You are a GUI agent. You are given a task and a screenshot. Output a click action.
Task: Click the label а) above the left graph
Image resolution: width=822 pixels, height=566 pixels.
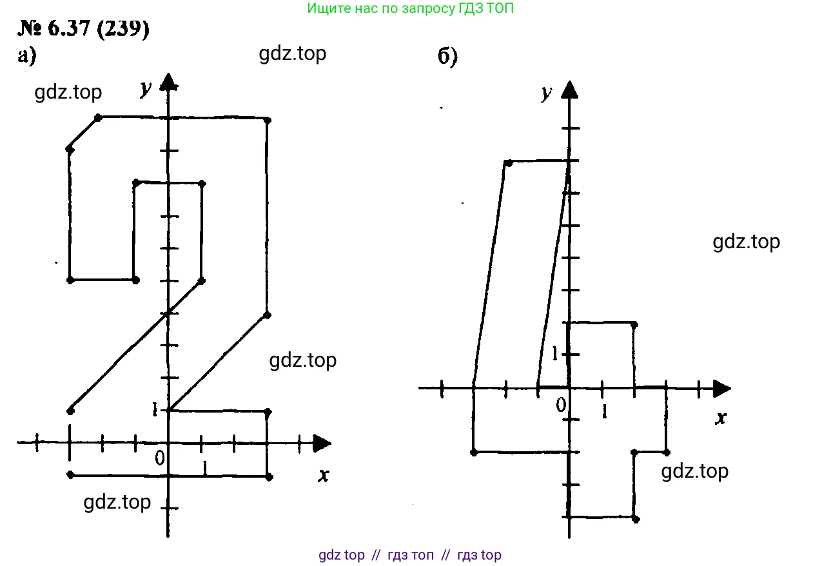(26, 57)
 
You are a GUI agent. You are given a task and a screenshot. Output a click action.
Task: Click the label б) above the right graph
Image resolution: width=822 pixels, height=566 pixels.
(447, 57)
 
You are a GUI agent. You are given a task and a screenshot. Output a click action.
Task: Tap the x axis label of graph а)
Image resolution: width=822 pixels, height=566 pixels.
(324, 476)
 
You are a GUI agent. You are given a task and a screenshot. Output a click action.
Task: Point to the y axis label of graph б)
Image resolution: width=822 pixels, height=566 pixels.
(547, 93)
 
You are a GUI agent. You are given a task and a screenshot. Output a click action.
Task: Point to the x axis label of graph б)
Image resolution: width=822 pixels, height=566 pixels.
(721, 418)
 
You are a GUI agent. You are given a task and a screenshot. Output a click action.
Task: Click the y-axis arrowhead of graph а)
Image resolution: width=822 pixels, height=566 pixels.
(169, 82)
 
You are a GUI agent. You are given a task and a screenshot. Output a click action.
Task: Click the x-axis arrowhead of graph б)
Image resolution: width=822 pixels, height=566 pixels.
(721, 388)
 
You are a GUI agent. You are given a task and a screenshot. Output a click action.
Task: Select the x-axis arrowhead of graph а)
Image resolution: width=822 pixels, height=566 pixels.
(322, 443)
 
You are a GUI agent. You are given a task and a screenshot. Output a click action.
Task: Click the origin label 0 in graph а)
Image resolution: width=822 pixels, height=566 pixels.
(159, 458)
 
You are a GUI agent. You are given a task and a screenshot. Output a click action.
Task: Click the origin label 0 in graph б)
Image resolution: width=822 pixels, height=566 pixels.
(561, 404)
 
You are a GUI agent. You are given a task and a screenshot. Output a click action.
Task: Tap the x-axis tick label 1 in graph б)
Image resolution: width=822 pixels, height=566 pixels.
(603, 411)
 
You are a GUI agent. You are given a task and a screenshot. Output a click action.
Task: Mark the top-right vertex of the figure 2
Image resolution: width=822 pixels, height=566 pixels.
(268, 120)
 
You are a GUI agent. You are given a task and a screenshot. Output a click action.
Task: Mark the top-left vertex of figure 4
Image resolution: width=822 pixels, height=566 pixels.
(508, 162)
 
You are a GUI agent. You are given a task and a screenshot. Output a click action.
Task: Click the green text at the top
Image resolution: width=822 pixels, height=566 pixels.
(411, 8)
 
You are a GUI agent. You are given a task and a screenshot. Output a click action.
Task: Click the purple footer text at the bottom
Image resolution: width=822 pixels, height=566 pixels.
(410, 555)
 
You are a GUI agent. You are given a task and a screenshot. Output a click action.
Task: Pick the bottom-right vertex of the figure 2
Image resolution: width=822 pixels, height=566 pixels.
(269, 477)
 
